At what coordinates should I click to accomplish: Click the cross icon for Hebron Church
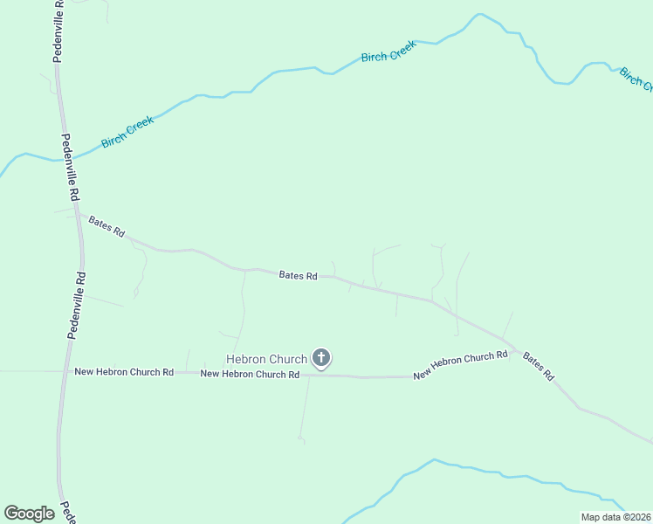click(321, 357)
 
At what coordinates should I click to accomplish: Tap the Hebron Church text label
click(266, 359)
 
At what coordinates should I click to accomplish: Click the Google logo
click(29, 514)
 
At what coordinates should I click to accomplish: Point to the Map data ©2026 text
click(615, 517)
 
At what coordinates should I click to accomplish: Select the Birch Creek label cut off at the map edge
click(636, 79)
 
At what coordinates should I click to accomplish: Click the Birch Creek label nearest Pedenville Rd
click(127, 132)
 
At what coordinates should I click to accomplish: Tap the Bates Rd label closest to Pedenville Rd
click(107, 226)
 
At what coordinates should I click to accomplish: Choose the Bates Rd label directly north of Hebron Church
click(298, 276)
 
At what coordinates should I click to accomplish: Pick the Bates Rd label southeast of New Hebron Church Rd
click(538, 365)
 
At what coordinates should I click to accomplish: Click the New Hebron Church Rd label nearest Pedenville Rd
click(124, 372)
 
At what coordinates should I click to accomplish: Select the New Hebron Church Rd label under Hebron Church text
click(250, 374)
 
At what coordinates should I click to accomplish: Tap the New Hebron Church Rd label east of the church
click(460, 365)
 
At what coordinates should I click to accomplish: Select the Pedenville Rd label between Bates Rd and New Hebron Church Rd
click(77, 304)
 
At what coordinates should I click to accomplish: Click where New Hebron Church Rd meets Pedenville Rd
click(65, 371)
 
